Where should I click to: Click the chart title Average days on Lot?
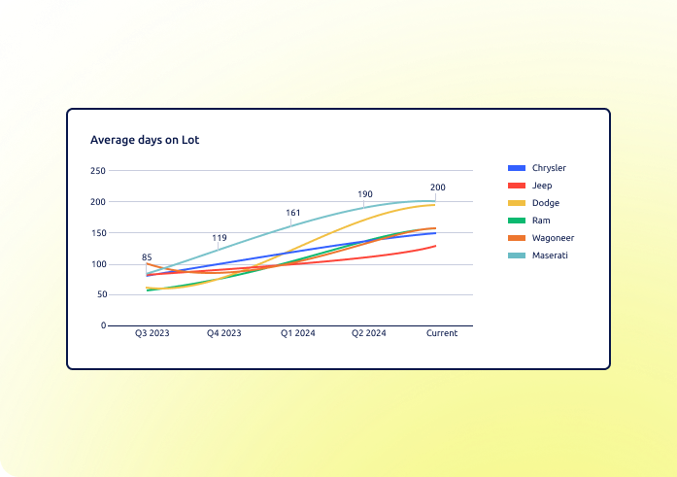coord(145,140)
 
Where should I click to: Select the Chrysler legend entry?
coord(537,168)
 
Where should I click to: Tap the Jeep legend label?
coord(542,186)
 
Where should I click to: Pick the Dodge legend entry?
coord(533,203)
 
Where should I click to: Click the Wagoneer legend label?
coord(553,238)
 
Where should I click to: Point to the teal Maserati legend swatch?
coord(517,256)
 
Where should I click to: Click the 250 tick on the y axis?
coord(98,171)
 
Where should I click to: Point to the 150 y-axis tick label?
coord(98,233)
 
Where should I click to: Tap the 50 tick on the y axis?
coord(102,294)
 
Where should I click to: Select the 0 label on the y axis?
coord(104,325)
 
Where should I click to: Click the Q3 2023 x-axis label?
coord(152,333)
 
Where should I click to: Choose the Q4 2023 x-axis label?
coord(223,333)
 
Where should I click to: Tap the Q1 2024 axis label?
coord(298,333)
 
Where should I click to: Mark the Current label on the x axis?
coord(442,333)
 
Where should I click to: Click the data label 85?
coord(147,257)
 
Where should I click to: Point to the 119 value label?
coord(220,238)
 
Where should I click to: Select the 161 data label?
coord(292,213)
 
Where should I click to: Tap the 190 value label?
coord(365,194)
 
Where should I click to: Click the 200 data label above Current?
coord(438,187)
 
